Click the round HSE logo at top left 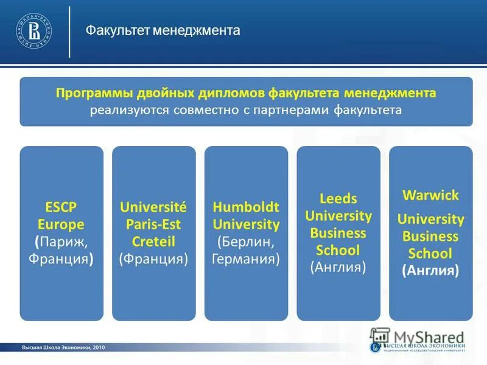point(34,30)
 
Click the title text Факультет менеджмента point(163,30)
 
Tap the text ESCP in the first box point(61,207)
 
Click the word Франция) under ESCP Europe point(61,259)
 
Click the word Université point(153,207)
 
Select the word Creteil point(153,242)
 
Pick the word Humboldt point(246,207)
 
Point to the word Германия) point(246,259)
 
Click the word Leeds point(338,198)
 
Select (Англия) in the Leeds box point(338,266)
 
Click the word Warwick point(430,196)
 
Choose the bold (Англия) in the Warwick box point(430,270)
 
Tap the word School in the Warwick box point(430,253)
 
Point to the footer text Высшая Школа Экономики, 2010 point(64,347)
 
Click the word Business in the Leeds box point(338,233)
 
